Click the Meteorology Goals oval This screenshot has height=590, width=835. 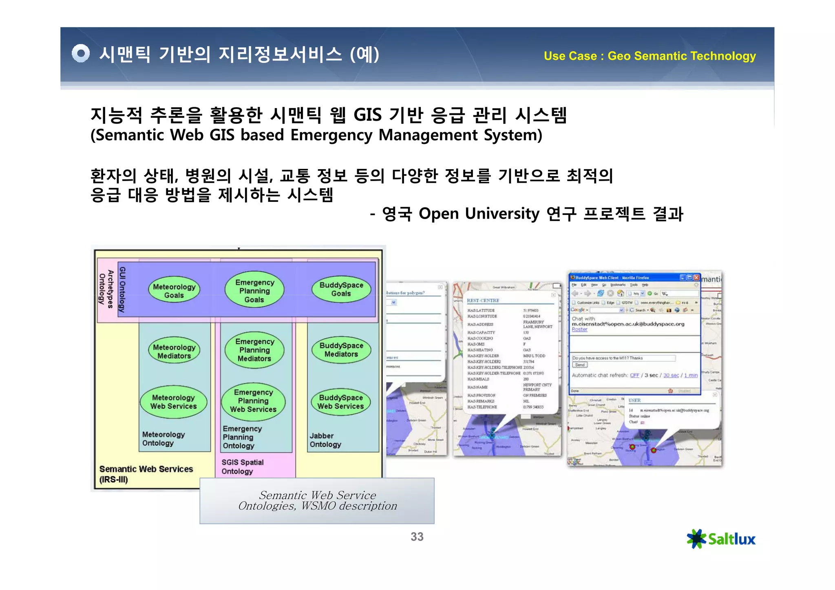[174, 291]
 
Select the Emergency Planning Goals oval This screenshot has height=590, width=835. [254, 291]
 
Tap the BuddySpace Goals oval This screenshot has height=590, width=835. [341, 289]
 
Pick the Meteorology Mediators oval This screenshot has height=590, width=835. [174, 351]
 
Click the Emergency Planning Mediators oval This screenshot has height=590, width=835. [254, 350]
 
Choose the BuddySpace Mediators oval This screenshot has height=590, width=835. [341, 350]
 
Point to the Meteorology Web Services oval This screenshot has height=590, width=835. [174, 402]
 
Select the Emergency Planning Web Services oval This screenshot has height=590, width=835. [253, 401]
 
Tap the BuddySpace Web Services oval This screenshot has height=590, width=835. [340, 402]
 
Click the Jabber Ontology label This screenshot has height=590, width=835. [325, 440]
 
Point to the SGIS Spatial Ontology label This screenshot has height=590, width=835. [242, 467]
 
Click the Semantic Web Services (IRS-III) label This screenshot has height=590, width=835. [146, 474]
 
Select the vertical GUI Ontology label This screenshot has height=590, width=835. [122, 289]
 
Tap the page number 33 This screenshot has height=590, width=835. [417, 537]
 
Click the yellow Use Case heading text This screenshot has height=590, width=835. [649, 56]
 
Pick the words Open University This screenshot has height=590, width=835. [479, 214]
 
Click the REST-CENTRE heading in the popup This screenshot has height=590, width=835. [483, 301]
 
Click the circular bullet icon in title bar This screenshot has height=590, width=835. [81, 53]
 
